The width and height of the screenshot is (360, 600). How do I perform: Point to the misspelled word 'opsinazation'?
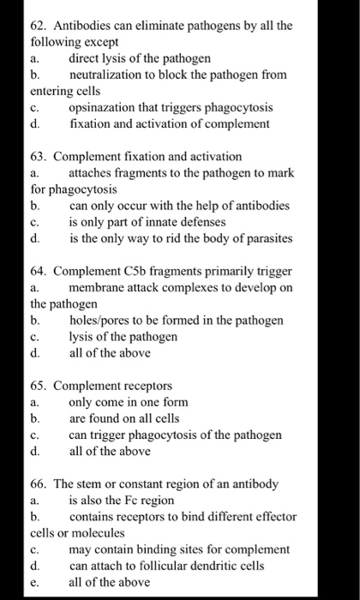click(x=102, y=107)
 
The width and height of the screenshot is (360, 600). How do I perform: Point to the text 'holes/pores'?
click(x=99, y=321)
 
